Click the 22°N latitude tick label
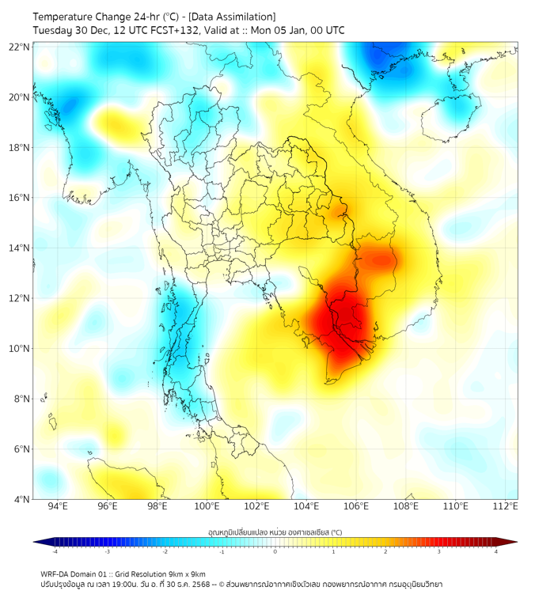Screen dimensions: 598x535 pyautogui.click(x=20, y=47)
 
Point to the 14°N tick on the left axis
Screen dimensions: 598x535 pyautogui.click(x=20, y=248)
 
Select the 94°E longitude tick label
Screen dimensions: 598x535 pyautogui.click(x=58, y=506)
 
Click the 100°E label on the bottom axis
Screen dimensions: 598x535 pyautogui.click(x=207, y=506)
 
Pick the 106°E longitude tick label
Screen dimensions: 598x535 pyautogui.click(x=357, y=506)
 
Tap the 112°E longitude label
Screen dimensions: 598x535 pyautogui.click(x=506, y=506)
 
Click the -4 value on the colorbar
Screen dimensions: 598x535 pyautogui.click(x=55, y=552)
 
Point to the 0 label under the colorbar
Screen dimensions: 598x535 pyautogui.click(x=275, y=552)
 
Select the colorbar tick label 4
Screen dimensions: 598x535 pyautogui.click(x=496, y=552)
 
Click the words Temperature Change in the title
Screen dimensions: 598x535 pyautogui.click(x=74, y=17)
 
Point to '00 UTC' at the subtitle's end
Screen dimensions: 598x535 pyautogui.click(x=326, y=30)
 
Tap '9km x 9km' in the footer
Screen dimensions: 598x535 pyautogui.click(x=187, y=573)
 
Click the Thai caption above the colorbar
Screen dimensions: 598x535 pyautogui.click(x=275, y=532)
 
